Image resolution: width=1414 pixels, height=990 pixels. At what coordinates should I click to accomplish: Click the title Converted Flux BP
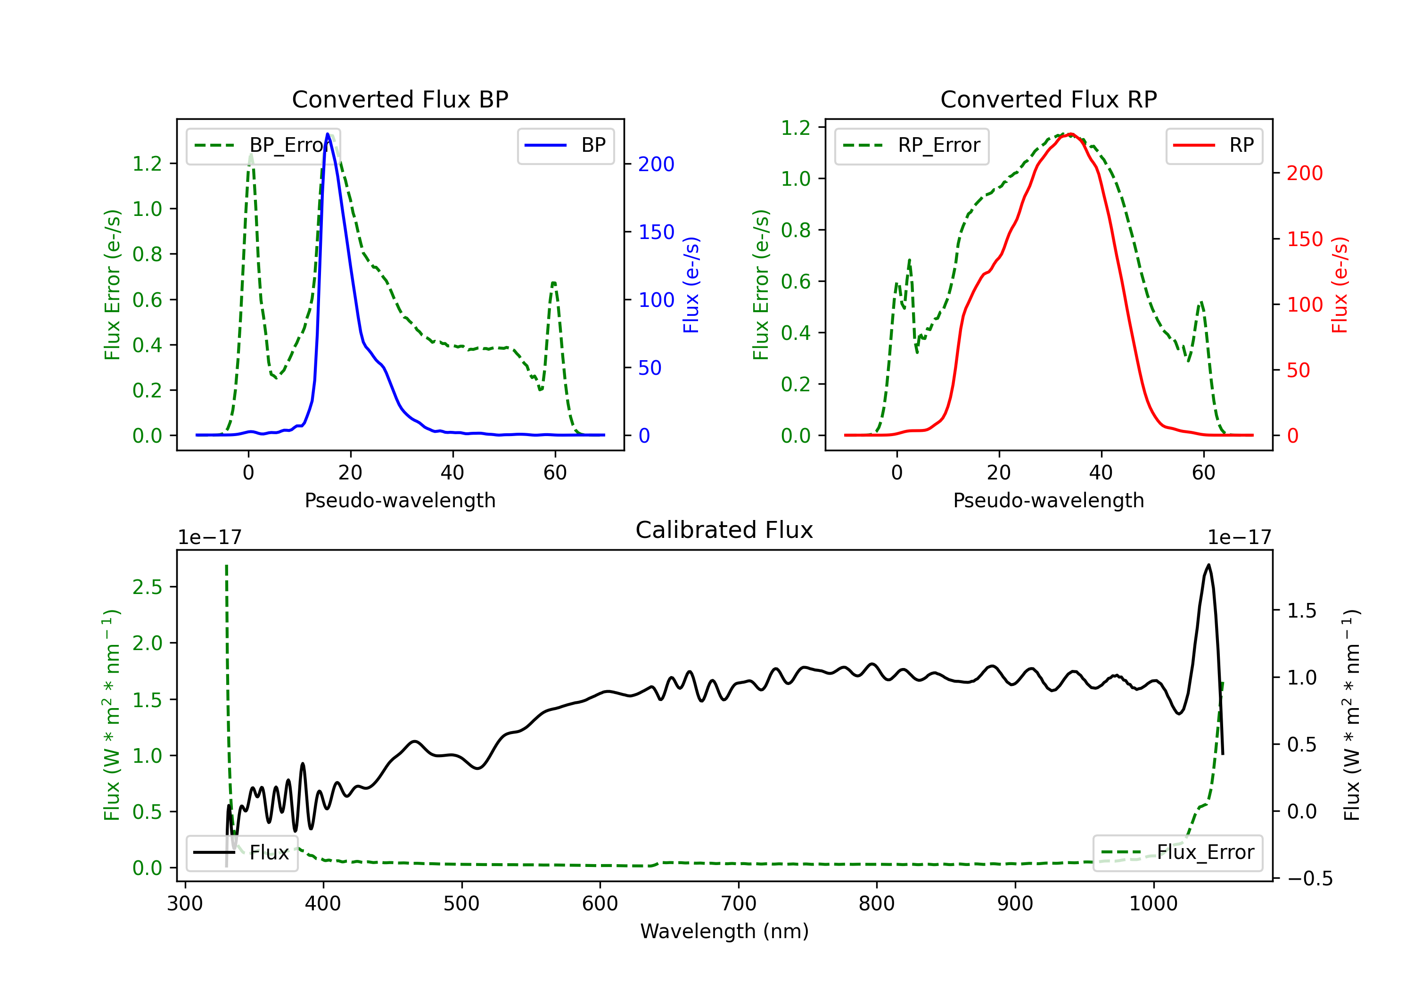click(400, 99)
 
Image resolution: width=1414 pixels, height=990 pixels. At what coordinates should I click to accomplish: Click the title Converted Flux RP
click(1048, 99)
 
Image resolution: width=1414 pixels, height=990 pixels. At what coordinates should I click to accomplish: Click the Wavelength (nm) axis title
click(724, 931)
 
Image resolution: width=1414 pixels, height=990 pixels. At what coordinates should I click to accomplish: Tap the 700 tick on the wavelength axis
click(739, 903)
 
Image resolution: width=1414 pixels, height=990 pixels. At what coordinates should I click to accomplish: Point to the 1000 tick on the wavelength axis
click(1153, 903)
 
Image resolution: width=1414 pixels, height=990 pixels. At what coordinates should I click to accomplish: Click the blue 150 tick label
click(656, 232)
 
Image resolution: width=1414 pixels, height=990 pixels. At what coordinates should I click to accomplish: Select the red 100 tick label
click(1304, 305)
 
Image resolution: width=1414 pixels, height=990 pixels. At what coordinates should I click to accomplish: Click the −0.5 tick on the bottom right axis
click(1309, 878)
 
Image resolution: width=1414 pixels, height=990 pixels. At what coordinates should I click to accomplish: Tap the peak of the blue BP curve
click(328, 134)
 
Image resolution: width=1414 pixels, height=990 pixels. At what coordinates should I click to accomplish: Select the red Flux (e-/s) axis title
click(1340, 285)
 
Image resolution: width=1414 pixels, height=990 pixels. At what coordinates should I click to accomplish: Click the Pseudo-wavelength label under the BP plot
click(400, 500)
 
